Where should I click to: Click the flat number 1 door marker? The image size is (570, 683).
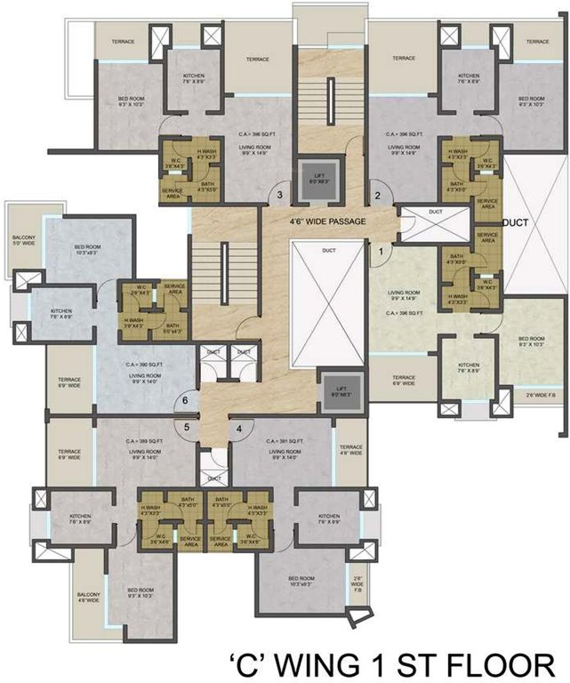pos(381,252)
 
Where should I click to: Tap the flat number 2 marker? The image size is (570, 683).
pos(376,196)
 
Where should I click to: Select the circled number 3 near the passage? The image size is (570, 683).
pos(279,196)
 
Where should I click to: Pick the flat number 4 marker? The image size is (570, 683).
pos(239,428)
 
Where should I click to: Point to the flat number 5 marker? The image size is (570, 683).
pos(188,428)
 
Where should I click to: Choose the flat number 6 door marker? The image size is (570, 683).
pos(185,401)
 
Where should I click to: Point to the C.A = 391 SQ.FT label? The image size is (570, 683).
pos(285,442)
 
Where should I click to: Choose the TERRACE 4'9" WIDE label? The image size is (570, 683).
pos(351,450)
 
